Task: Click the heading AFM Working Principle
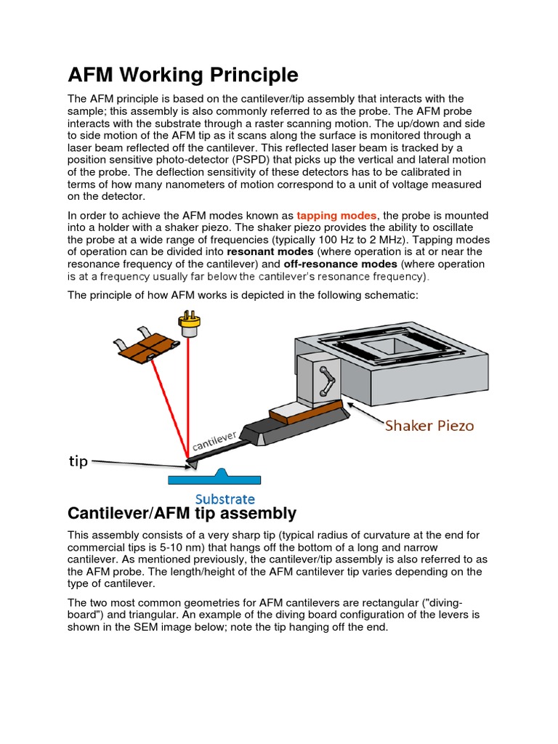[182, 75]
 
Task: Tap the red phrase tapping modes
[336, 215]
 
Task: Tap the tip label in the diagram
[78, 461]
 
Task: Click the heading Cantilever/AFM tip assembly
[182, 514]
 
